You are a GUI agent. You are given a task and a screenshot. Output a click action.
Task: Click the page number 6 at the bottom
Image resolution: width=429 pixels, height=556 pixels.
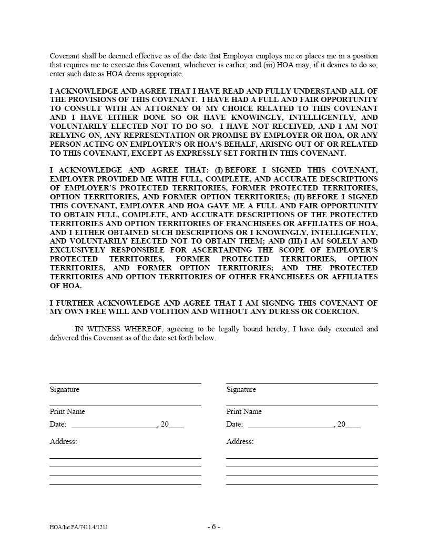click(213, 527)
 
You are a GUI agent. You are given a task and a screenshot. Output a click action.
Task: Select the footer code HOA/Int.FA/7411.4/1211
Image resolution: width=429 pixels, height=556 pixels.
click(79, 527)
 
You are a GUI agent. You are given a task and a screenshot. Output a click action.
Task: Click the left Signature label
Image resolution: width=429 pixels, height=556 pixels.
click(65, 390)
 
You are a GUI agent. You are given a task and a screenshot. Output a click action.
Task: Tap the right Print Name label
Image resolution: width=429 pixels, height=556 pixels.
click(244, 412)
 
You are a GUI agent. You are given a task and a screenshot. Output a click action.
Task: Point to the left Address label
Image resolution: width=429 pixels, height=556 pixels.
click(63, 442)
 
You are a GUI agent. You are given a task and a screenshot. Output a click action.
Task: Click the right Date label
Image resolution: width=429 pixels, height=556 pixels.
click(234, 424)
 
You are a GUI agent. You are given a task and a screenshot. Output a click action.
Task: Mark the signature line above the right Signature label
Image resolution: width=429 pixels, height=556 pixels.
click(302, 383)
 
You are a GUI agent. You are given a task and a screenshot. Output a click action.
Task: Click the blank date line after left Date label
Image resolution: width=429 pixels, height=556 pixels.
click(114, 428)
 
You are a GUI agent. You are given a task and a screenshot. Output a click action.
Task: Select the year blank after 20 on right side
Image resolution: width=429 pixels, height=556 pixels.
click(353, 428)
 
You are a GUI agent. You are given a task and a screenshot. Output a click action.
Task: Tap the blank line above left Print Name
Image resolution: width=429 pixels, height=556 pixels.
click(125, 406)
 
